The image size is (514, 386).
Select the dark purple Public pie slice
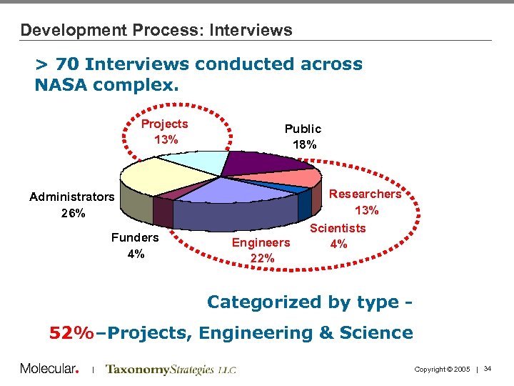[261, 163]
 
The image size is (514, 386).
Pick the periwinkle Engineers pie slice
[228, 189]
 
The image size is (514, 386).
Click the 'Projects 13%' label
[165, 132]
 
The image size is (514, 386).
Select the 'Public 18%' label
[303, 136]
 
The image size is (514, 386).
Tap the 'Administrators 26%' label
[71, 204]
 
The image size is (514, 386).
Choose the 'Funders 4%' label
[135, 245]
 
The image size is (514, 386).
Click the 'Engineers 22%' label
[261, 250]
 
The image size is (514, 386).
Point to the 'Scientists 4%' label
[338, 236]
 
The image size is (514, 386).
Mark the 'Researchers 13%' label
[366, 202]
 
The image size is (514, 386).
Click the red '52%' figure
[71, 332]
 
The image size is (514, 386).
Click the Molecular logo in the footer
[49, 369]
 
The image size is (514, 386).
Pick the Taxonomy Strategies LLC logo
[170, 370]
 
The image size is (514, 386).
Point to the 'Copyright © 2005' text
[442, 369]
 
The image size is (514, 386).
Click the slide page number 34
[488, 369]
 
